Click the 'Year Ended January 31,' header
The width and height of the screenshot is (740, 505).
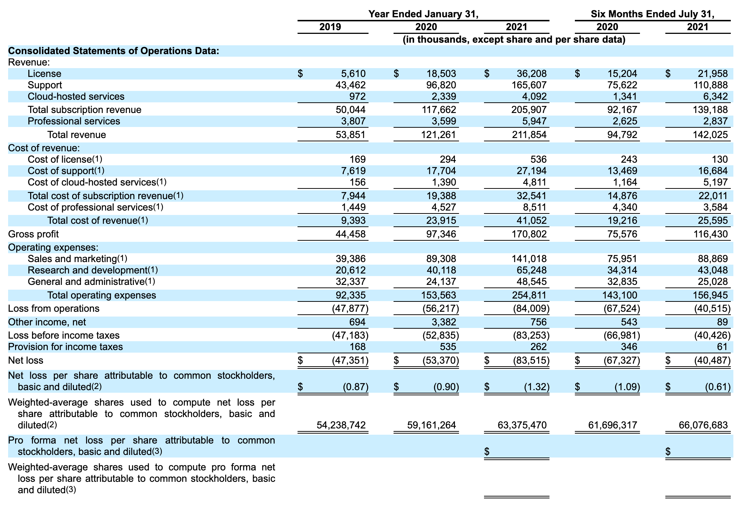coord(423,14)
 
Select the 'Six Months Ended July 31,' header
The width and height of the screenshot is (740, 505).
coord(652,14)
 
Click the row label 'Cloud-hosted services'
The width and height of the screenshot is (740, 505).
coord(76,96)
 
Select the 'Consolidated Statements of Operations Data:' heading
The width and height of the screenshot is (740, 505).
coord(114,51)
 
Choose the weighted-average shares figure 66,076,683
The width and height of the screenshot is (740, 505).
coord(703,425)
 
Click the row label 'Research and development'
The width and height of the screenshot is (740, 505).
coord(88,270)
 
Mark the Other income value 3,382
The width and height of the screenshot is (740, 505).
coord(444,322)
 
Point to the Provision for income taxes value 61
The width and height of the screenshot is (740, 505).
coord(722,347)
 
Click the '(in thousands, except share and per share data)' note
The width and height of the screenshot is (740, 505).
coord(514,40)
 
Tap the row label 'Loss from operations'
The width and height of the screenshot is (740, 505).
coord(54,308)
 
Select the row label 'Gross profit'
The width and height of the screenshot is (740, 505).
coord(33,234)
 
